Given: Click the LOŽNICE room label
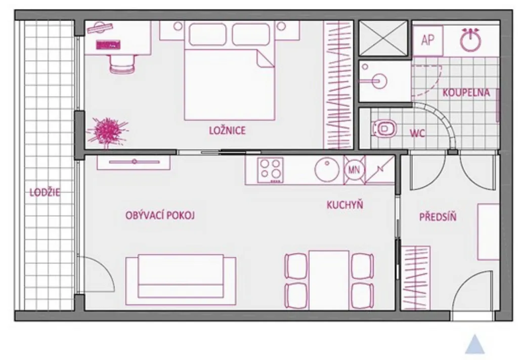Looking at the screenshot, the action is point(227,130).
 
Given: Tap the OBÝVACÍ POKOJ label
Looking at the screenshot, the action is point(160,215).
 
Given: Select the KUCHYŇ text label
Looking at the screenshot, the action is point(345,205).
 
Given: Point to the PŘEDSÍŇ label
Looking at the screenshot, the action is point(438,217).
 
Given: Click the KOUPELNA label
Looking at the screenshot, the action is point(466,93).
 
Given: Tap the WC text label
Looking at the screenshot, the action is point(417,133).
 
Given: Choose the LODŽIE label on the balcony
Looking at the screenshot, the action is point(45,192).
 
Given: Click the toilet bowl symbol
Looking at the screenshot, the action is point(384,128).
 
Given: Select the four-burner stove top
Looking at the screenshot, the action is point(271,170).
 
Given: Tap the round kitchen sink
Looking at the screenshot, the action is point(327,170).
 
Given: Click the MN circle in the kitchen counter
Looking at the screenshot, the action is point(355,170).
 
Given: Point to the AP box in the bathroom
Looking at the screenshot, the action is point(427,40).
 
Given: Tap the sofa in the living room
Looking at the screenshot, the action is point(181,280).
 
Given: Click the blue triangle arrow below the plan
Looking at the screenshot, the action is point(474,344).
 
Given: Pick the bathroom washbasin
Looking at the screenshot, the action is point(376,80).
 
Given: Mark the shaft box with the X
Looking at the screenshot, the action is point(383,38).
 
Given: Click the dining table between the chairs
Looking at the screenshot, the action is point(329,280).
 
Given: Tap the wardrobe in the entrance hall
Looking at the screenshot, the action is point(416,278).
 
